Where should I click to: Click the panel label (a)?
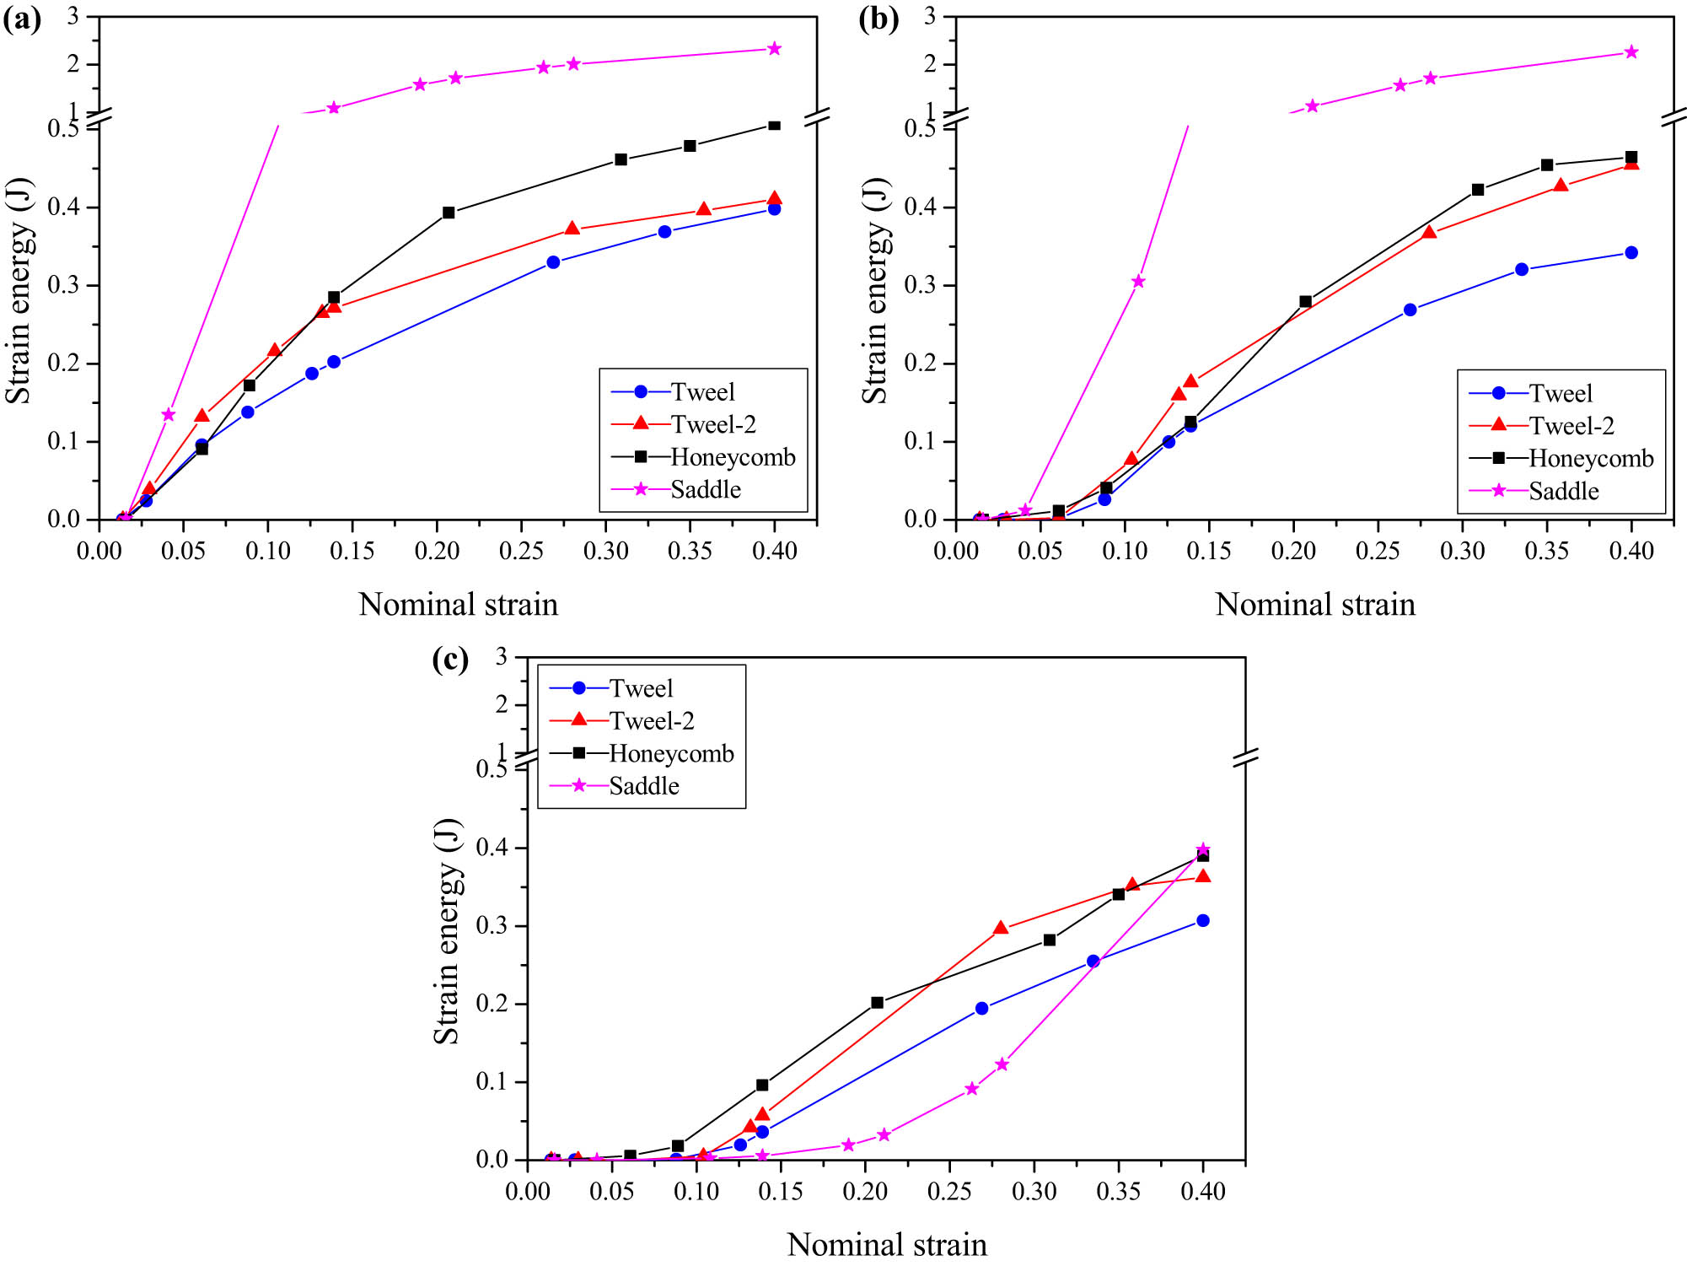22,19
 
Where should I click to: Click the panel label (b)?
878,19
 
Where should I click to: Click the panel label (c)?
450,659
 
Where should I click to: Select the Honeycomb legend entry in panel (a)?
732,457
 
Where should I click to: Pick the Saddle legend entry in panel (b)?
1563,491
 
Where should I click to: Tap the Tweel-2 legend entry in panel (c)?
651,721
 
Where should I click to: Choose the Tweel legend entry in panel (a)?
702,392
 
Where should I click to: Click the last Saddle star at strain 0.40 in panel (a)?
774,49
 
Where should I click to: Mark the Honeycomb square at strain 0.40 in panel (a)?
774,126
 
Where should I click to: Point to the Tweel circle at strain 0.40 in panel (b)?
1631,253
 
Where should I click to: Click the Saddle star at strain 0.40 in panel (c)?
1203,849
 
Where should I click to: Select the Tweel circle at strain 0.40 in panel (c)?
1203,920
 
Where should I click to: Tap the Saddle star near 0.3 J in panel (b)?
1138,282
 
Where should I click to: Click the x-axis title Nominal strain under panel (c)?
886,1244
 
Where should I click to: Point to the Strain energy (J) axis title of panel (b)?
875,291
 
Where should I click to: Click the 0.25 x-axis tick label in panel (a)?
521,552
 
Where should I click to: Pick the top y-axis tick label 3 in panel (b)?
930,16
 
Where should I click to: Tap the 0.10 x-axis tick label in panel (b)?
1125,552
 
